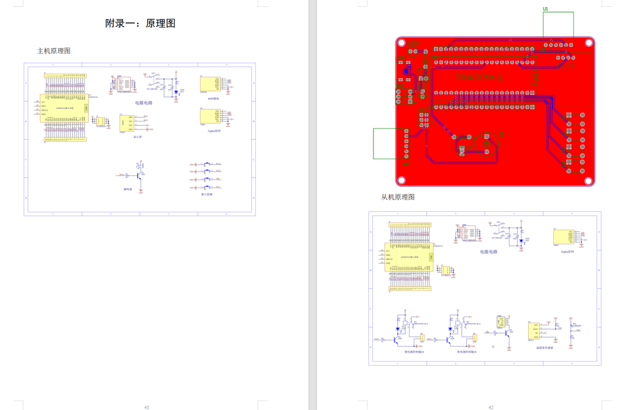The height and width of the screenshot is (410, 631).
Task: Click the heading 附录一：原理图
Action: click(140, 23)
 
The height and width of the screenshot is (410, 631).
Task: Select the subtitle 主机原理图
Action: click(54, 50)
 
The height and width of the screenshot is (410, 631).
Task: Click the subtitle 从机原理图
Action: click(397, 197)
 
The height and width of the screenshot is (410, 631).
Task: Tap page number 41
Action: click(147, 407)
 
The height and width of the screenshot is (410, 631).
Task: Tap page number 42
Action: click(491, 407)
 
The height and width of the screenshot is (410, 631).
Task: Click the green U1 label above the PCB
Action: click(545, 9)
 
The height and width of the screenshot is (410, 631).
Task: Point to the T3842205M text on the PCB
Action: click(480, 78)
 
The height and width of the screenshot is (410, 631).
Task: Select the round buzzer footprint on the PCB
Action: click(489, 143)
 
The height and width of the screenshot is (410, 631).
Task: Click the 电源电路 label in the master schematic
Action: click(144, 103)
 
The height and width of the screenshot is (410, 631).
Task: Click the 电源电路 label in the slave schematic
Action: click(489, 252)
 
